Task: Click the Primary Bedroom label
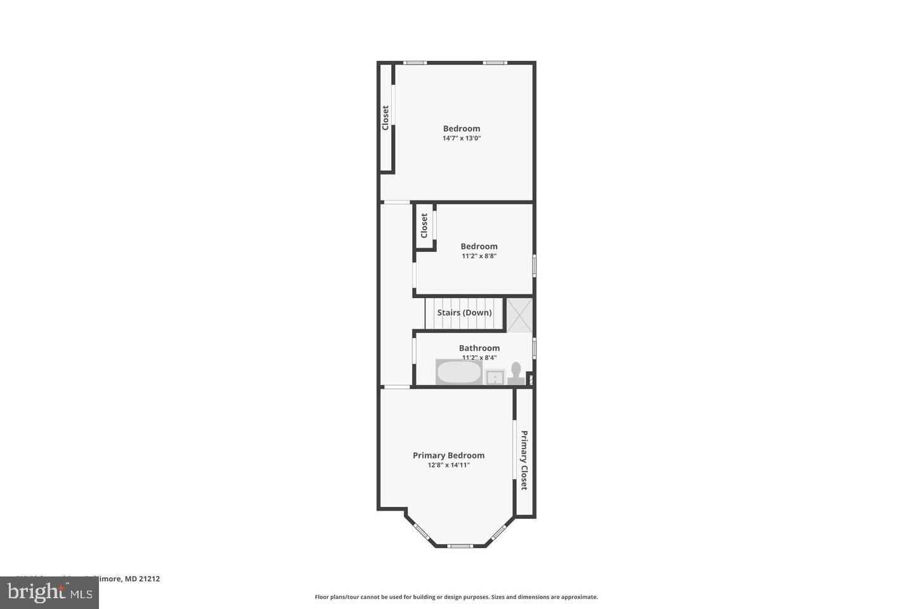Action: [x=448, y=455]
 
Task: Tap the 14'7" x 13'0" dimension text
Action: [x=462, y=138]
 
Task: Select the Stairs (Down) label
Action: [x=464, y=313]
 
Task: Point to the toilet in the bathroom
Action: [x=515, y=372]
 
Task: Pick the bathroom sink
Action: [x=494, y=378]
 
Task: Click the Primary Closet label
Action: [x=524, y=460]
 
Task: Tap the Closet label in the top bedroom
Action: [x=385, y=118]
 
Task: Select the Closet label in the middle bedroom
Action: [x=424, y=225]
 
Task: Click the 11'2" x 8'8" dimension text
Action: [x=479, y=256]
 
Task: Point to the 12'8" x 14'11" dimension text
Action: [x=448, y=465]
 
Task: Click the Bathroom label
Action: [x=479, y=348]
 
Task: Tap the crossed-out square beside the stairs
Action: [x=519, y=315]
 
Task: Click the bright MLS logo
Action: [x=49, y=593]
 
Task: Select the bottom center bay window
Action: [x=460, y=546]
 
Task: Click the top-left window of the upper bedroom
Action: [x=415, y=62]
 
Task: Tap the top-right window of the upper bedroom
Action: [x=495, y=62]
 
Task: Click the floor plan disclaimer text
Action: [x=456, y=597]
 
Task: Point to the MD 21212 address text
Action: [x=142, y=579]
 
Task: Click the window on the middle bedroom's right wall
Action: [x=534, y=265]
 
